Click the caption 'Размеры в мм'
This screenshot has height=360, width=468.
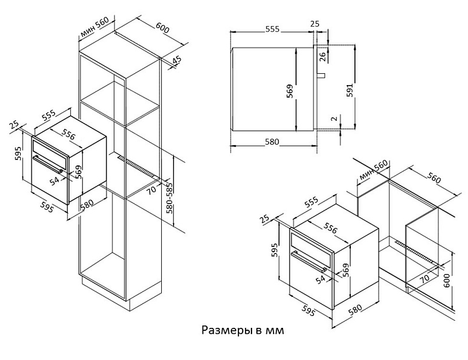[x=243, y=330]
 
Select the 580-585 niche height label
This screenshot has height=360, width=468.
[x=170, y=198]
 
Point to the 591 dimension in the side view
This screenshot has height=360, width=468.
[x=350, y=90]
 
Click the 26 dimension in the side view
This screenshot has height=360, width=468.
[x=323, y=57]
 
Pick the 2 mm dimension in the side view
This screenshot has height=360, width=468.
[x=335, y=118]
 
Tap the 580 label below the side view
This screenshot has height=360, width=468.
[x=272, y=142]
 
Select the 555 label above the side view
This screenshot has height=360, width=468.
[x=272, y=29]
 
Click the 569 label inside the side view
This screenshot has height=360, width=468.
[x=290, y=92]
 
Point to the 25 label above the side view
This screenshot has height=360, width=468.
[x=315, y=23]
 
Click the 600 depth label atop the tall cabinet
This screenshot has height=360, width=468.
[x=162, y=28]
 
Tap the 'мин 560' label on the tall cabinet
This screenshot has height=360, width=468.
[x=95, y=28]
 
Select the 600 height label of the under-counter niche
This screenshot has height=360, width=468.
[x=447, y=280]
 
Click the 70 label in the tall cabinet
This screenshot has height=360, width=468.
[x=152, y=190]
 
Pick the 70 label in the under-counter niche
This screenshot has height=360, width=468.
[x=425, y=278]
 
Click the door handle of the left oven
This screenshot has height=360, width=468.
[x=48, y=164]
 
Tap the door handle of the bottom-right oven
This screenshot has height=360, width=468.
[x=308, y=261]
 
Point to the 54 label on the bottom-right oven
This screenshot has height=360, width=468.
[x=320, y=280]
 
